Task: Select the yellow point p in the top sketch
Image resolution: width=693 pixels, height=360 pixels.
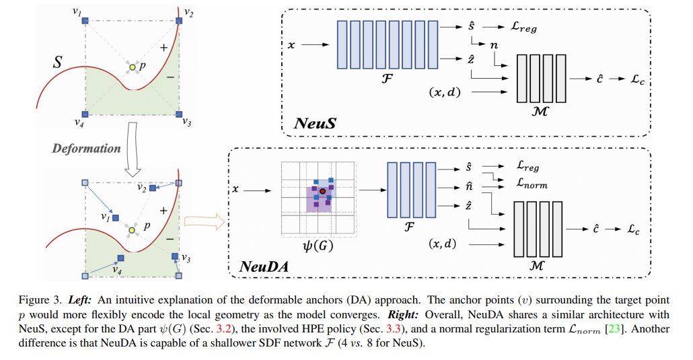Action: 133,67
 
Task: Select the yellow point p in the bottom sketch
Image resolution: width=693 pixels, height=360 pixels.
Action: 133,230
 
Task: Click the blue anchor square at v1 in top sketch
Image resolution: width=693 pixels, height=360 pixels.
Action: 85,22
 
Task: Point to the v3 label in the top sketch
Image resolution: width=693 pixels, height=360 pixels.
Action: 187,122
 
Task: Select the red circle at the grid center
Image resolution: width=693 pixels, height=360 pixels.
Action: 322,191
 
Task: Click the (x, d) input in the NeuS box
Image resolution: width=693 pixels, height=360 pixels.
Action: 444,90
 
